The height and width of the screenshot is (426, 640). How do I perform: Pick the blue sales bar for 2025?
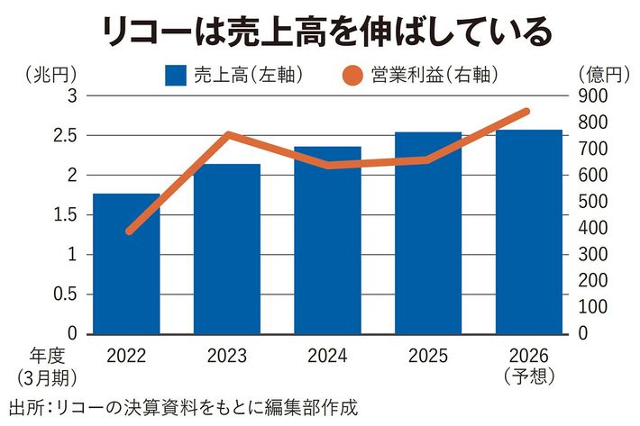pyautogui.click(x=428, y=233)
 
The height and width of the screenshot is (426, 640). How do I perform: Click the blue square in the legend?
pyautogui.click(x=176, y=73)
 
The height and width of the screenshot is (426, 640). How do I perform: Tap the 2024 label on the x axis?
pyautogui.click(x=327, y=354)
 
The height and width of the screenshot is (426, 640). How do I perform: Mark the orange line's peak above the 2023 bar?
pyautogui.click(x=228, y=135)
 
